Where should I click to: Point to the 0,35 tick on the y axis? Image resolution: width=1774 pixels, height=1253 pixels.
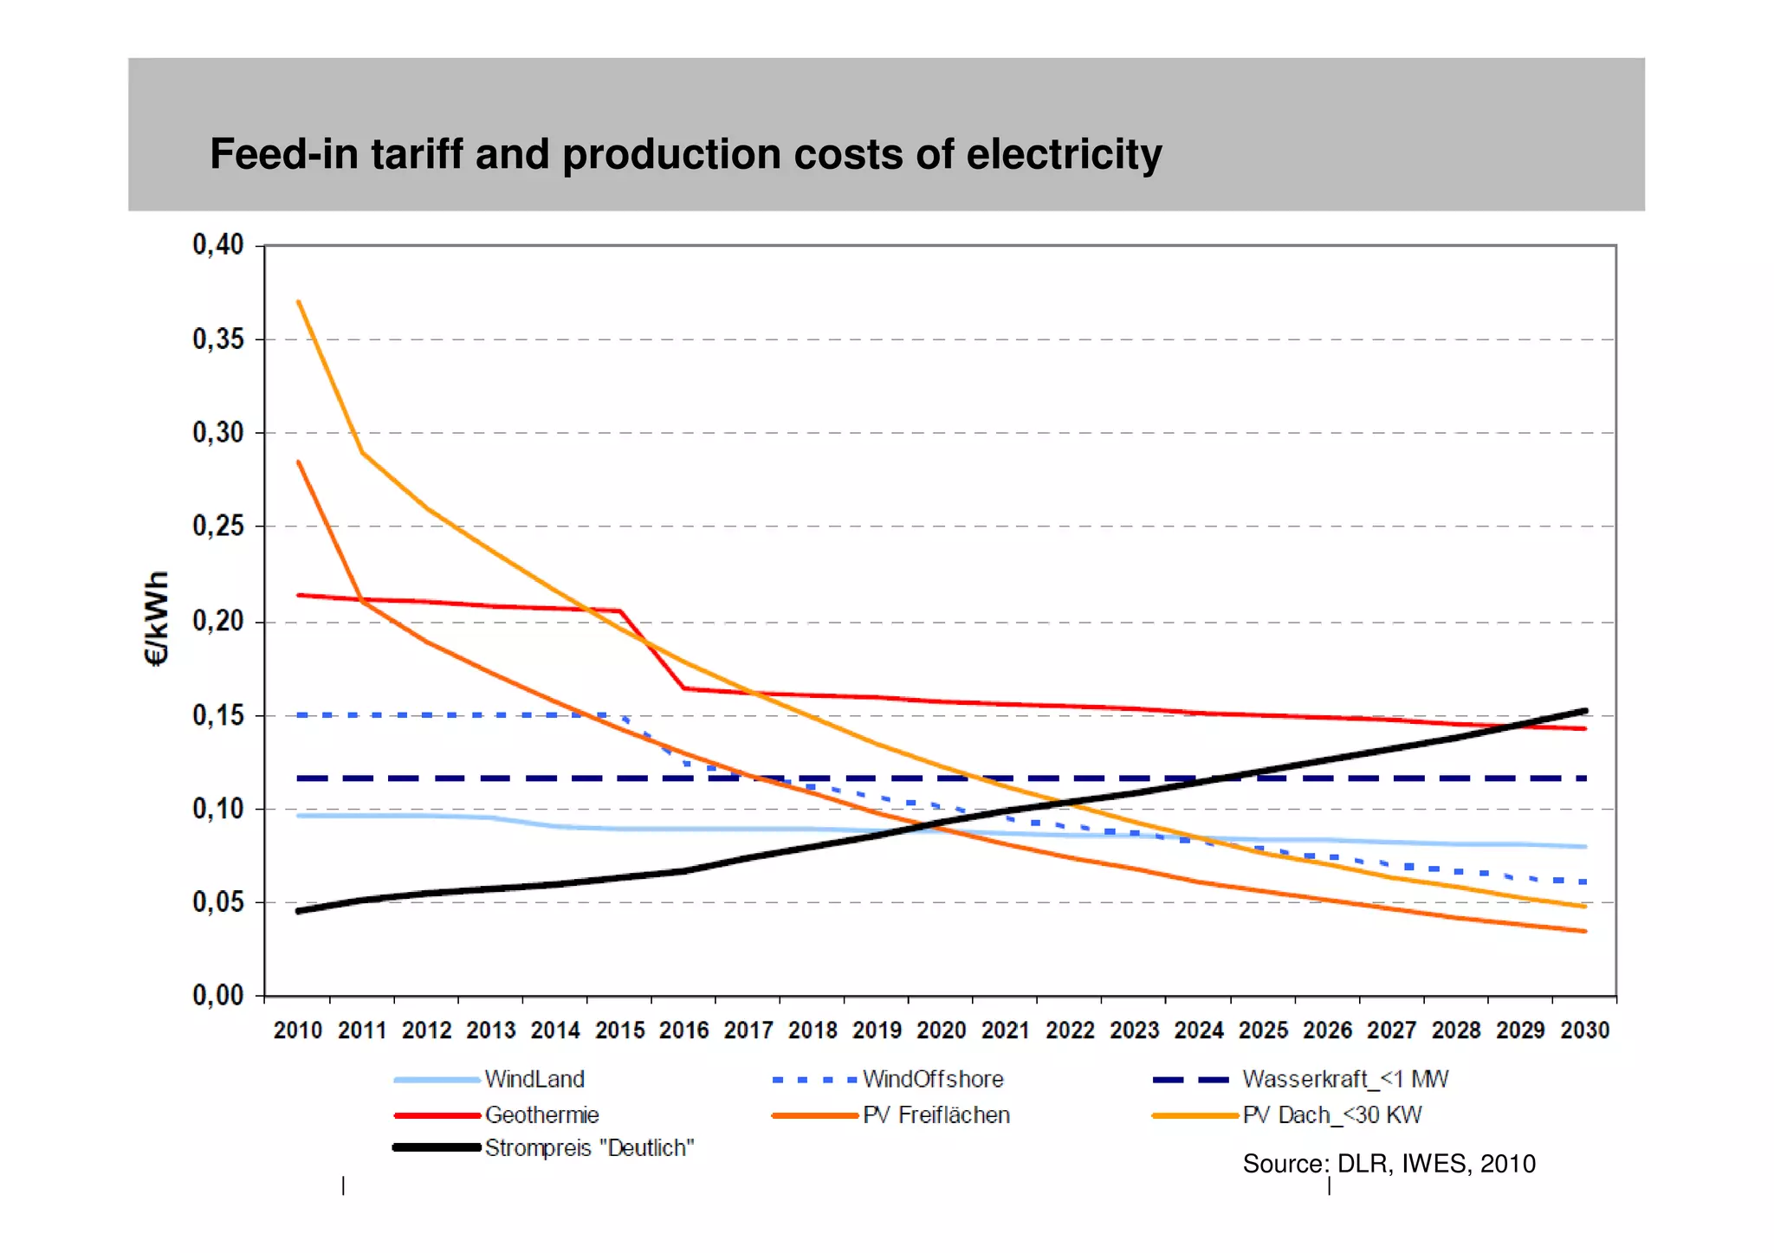(218, 339)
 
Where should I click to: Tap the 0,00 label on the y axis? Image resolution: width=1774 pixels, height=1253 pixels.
(218, 995)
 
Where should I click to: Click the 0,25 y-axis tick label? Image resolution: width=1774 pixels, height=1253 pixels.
(218, 526)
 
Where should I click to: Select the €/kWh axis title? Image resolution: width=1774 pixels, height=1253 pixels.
(156, 618)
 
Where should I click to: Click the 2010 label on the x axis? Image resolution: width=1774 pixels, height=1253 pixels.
(298, 1030)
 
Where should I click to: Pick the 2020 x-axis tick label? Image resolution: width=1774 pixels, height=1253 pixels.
(942, 1030)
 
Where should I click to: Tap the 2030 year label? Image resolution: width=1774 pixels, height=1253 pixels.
(1584, 1030)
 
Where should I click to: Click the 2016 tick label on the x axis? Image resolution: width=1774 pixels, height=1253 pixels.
(684, 1030)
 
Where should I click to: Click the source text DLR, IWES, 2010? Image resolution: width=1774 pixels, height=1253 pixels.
(1389, 1163)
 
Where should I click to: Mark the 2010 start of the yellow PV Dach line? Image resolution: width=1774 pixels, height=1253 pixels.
(299, 302)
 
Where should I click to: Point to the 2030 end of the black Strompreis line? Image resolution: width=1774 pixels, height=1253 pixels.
(1584, 711)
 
